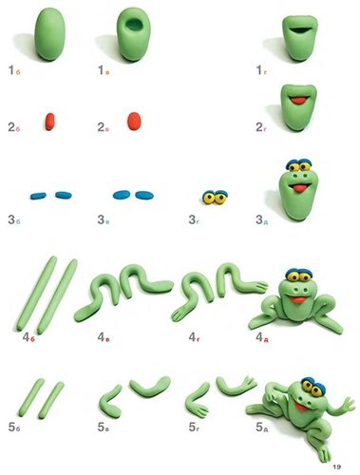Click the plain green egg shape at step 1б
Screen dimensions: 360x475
pos(49,34)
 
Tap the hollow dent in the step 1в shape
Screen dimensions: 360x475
pos(133,25)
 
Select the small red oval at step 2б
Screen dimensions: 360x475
pos(50,122)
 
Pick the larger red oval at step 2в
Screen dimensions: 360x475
pos(135,121)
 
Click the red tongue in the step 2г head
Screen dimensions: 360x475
pos(299,101)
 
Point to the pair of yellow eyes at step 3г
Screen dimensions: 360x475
pos(216,197)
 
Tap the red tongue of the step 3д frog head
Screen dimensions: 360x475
pos(298,188)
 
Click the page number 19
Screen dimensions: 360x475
pos(336,466)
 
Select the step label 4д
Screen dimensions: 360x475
pos(262,337)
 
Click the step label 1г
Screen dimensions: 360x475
pos(261,70)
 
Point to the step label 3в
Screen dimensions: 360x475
pos(104,219)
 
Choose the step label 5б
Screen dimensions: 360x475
pos(14,427)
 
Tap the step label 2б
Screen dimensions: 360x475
pos(14,127)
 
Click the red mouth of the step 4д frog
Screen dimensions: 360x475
pos(297,299)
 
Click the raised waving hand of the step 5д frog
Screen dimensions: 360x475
pos(349,405)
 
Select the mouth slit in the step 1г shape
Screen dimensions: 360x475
pos(300,29)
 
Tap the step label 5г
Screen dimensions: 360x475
pos(194,427)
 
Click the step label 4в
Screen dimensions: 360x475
pos(104,337)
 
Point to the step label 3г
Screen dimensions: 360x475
pos(194,219)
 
